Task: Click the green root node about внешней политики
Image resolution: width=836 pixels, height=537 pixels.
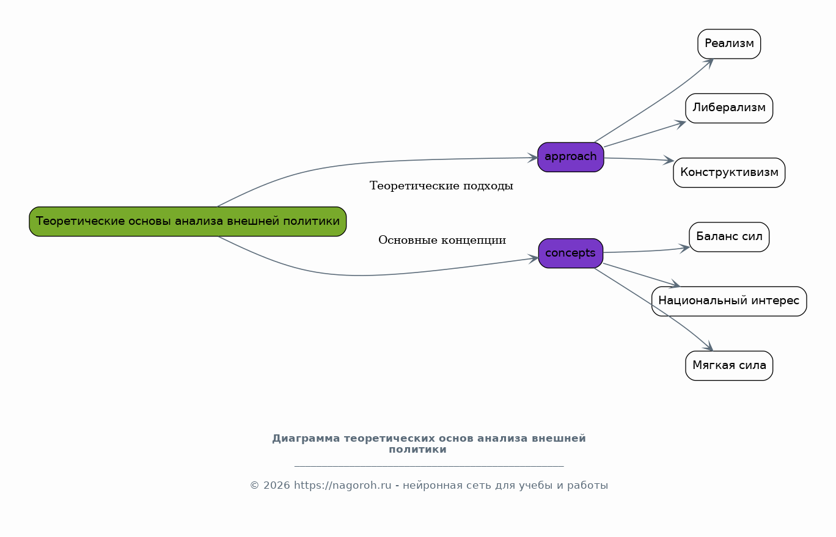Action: pyautogui.click(x=188, y=221)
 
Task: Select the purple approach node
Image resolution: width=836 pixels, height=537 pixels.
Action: pyautogui.click(x=570, y=157)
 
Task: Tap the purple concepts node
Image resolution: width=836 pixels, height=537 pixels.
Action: pyautogui.click(x=570, y=253)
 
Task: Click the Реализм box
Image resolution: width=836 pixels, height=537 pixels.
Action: pyautogui.click(x=729, y=44)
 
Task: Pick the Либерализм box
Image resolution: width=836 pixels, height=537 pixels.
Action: pyautogui.click(x=728, y=108)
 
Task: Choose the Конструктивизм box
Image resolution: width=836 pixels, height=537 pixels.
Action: pyautogui.click(x=729, y=173)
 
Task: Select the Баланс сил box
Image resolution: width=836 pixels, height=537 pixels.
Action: pyautogui.click(x=729, y=237)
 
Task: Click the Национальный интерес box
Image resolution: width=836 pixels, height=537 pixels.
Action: pyautogui.click(x=728, y=301)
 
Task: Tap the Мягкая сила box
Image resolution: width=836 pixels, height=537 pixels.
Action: pyautogui.click(x=729, y=366)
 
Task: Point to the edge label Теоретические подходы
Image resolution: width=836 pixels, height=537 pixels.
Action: pyautogui.click(x=441, y=186)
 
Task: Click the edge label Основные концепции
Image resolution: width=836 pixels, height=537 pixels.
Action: pyautogui.click(x=442, y=240)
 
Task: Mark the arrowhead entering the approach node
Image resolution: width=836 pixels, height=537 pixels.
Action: pyautogui.click(x=533, y=158)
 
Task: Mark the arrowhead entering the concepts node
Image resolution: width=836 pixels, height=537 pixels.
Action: pyautogui.click(x=533, y=258)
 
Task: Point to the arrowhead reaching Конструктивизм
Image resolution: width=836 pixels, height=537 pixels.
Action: pyautogui.click(x=669, y=161)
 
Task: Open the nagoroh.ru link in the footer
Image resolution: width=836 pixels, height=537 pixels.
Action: pyautogui.click(x=342, y=486)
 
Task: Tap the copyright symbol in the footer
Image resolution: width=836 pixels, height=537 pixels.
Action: pyautogui.click(x=254, y=486)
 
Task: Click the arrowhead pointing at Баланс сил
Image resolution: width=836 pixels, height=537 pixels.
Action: pyautogui.click(x=684, y=248)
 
